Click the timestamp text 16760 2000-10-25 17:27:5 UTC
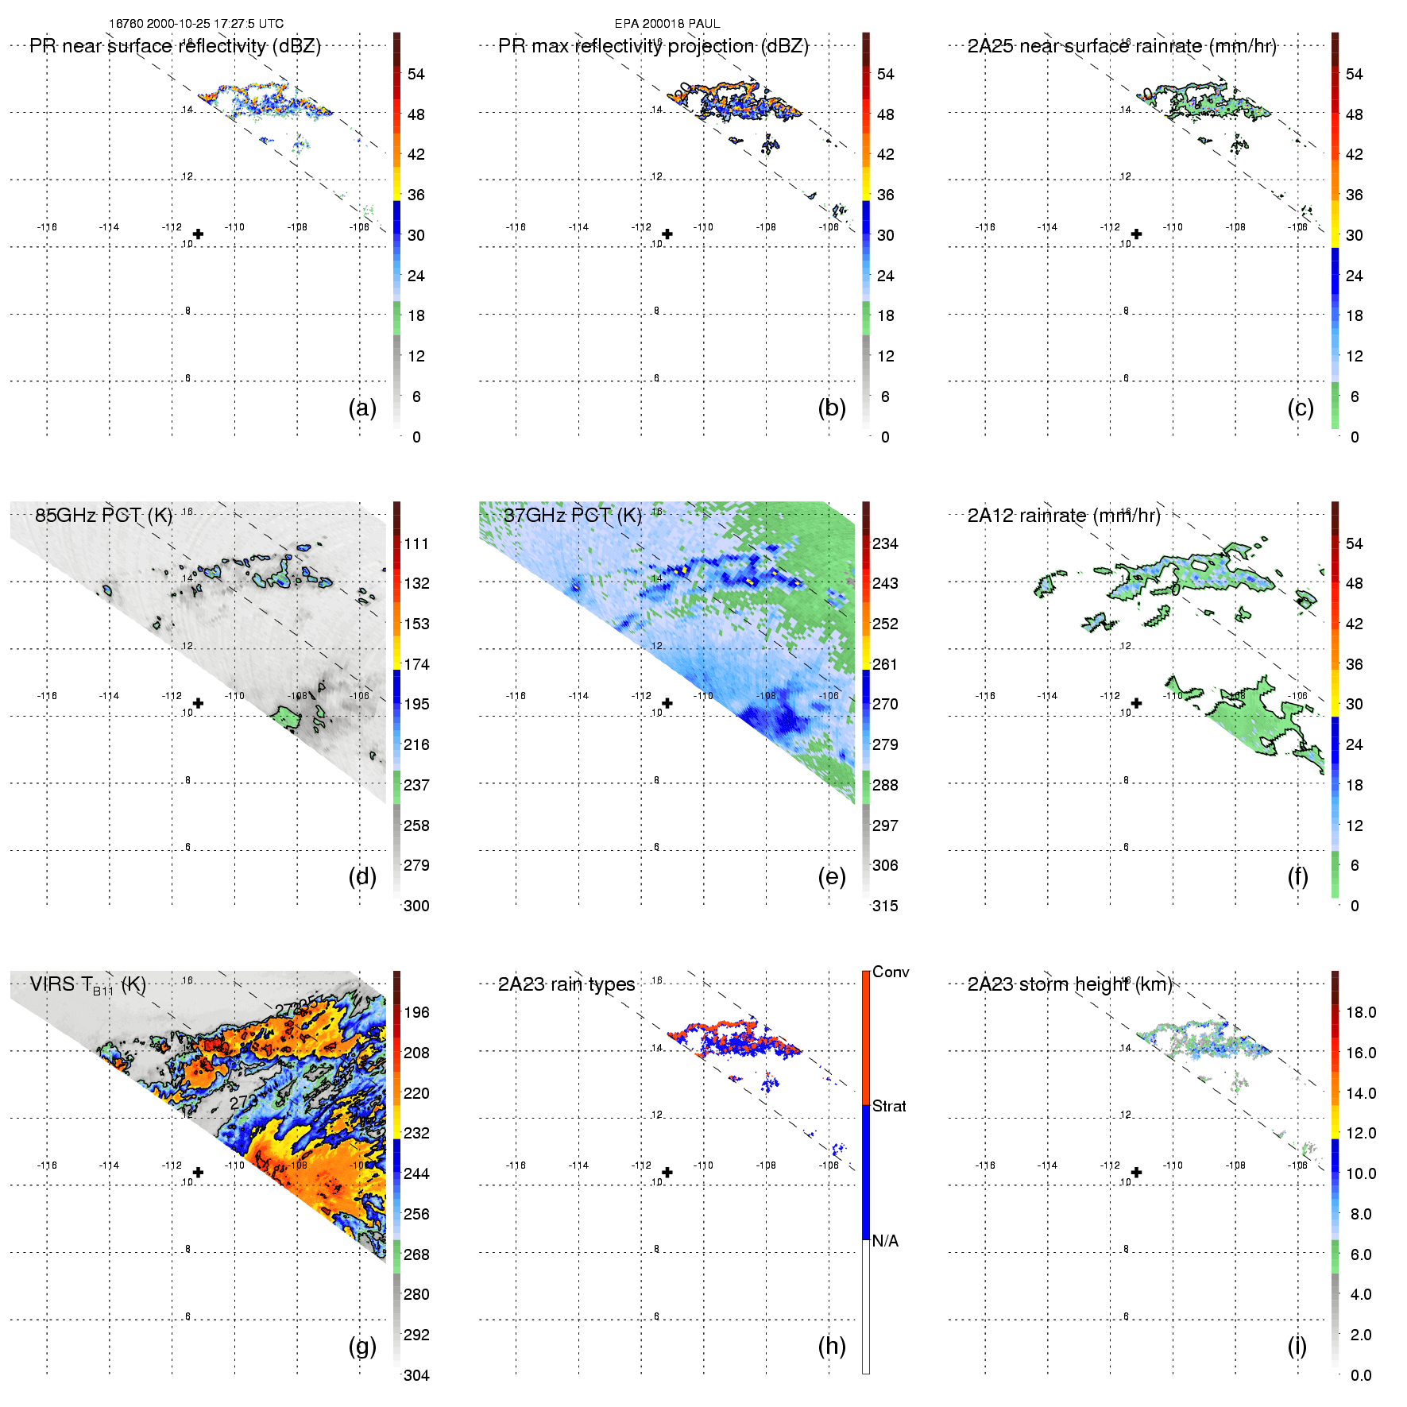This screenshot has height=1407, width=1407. coord(195,24)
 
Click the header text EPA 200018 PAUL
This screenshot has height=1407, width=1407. coord(667,24)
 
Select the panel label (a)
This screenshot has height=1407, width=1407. coord(362,408)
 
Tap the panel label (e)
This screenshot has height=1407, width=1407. coord(832,876)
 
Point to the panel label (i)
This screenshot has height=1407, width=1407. coord(1297,1346)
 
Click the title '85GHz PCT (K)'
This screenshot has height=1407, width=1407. coord(103,515)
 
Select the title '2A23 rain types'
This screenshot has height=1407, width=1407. coord(566,984)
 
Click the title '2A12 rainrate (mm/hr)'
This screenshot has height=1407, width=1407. coord(1064,516)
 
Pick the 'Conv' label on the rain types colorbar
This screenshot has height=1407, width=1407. coord(891,972)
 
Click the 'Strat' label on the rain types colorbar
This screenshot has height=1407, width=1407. coord(889,1106)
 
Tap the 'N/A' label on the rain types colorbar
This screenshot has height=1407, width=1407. coord(885,1241)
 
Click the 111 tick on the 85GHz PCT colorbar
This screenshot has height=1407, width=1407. coord(416,543)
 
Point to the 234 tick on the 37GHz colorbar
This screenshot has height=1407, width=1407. coord(885,543)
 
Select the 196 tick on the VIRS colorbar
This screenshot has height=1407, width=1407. coord(416,1012)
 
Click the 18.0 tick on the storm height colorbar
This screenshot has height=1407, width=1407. coord(1361,1012)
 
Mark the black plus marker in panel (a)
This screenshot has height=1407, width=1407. coord(198,234)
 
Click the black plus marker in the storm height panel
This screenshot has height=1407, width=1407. coord(1136,1172)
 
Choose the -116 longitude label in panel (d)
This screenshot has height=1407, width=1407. coord(47,696)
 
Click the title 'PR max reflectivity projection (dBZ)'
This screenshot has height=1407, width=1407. coord(653,46)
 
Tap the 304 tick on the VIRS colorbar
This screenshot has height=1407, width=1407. coord(416,1375)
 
